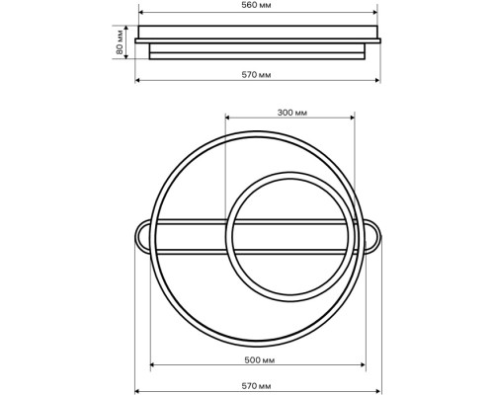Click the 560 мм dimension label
coord(256,5)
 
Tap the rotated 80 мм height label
coord(120,42)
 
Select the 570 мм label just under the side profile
coord(256,75)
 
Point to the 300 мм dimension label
coord(292,113)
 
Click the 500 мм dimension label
coord(260,360)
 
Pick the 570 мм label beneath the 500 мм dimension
coord(256,386)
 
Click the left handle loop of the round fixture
coord(142,237)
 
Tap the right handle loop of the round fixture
coord(373,237)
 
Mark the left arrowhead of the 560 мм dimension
coord(141,13)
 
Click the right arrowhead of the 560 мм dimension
coord(374,13)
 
